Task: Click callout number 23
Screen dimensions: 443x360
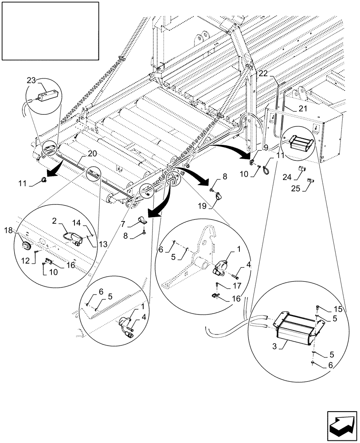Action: pos(31,81)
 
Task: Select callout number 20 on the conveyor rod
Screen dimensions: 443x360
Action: pos(92,153)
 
